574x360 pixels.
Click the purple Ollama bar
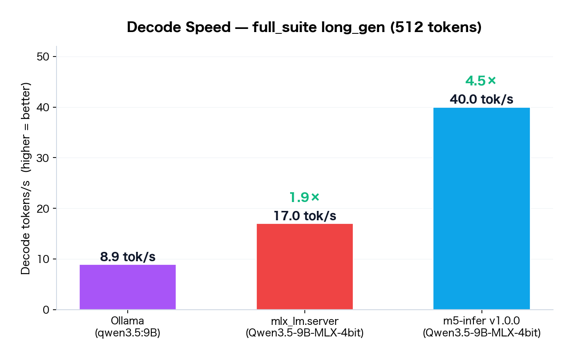tap(128, 287)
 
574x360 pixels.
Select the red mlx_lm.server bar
tap(305, 267)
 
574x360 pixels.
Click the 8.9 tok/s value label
tap(128, 257)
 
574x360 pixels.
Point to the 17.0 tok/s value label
tap(305, 216)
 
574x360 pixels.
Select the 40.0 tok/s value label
tap(481, 100)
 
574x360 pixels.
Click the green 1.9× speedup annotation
tap(305, 197)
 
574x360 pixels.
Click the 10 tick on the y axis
tap(44, 259)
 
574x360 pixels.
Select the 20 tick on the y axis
tap(44, 209)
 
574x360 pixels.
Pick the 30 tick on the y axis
tap(44, 158)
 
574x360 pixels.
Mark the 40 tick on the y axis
tap(44, 108)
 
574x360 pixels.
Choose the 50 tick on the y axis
tap(44, 57)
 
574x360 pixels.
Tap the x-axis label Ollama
tap(128, 321)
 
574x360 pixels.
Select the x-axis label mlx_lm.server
tap(305, 321)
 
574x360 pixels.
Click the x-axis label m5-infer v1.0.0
tap(481, 321)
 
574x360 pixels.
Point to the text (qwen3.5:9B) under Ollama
tap(128, 332)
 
